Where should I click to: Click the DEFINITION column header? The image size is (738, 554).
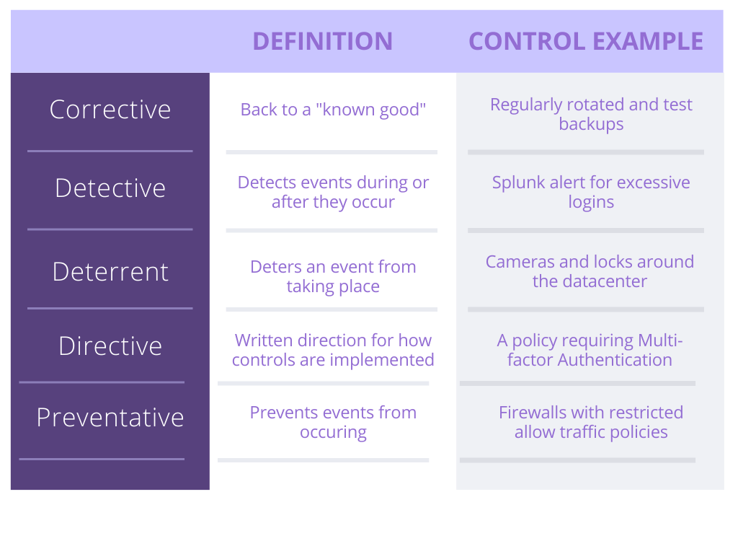coord(322,41)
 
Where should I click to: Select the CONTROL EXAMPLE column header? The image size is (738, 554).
coord(586,41)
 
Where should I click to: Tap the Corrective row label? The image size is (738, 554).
coord(110,110)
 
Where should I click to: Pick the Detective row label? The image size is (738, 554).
coord(110,188)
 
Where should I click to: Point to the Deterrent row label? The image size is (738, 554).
coord(110,271)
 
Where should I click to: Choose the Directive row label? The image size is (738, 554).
coord(110,346)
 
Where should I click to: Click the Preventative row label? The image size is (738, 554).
coord(110,417)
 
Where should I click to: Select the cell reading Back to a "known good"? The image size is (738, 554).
coord(333,110)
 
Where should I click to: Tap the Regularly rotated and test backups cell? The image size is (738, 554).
coord(591,114)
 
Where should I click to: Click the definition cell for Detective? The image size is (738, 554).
coord(333,192)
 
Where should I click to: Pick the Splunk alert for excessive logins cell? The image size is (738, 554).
coord(591,192)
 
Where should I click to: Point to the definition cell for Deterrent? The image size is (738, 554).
coord(333,276)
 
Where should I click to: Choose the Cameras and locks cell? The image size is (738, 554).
coord(590,271)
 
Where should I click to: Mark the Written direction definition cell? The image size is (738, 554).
coord(333,350)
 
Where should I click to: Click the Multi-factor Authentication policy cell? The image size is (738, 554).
coord(590,350)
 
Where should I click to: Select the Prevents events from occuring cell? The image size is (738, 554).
coord(333,422)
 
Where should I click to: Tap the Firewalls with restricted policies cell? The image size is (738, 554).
coord(591,422)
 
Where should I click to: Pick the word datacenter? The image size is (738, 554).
coord(605,281)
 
